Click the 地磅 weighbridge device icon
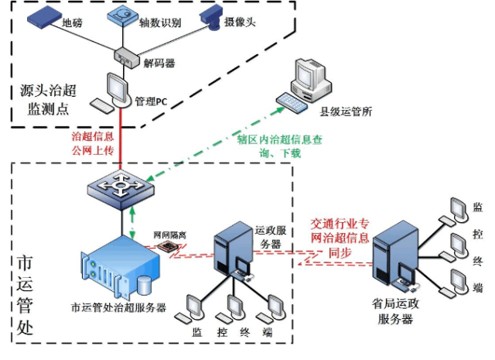[x=43, y=18]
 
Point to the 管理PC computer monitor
[x=117, y=87]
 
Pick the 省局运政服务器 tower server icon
[x=394, y=255]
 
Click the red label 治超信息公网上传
[x=91, y=142]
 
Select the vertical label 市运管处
[x=26, y=297]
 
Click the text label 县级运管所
[x=346, y=111]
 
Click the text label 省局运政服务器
[x=394, y=313]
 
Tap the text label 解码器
[x=159, y=62]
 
